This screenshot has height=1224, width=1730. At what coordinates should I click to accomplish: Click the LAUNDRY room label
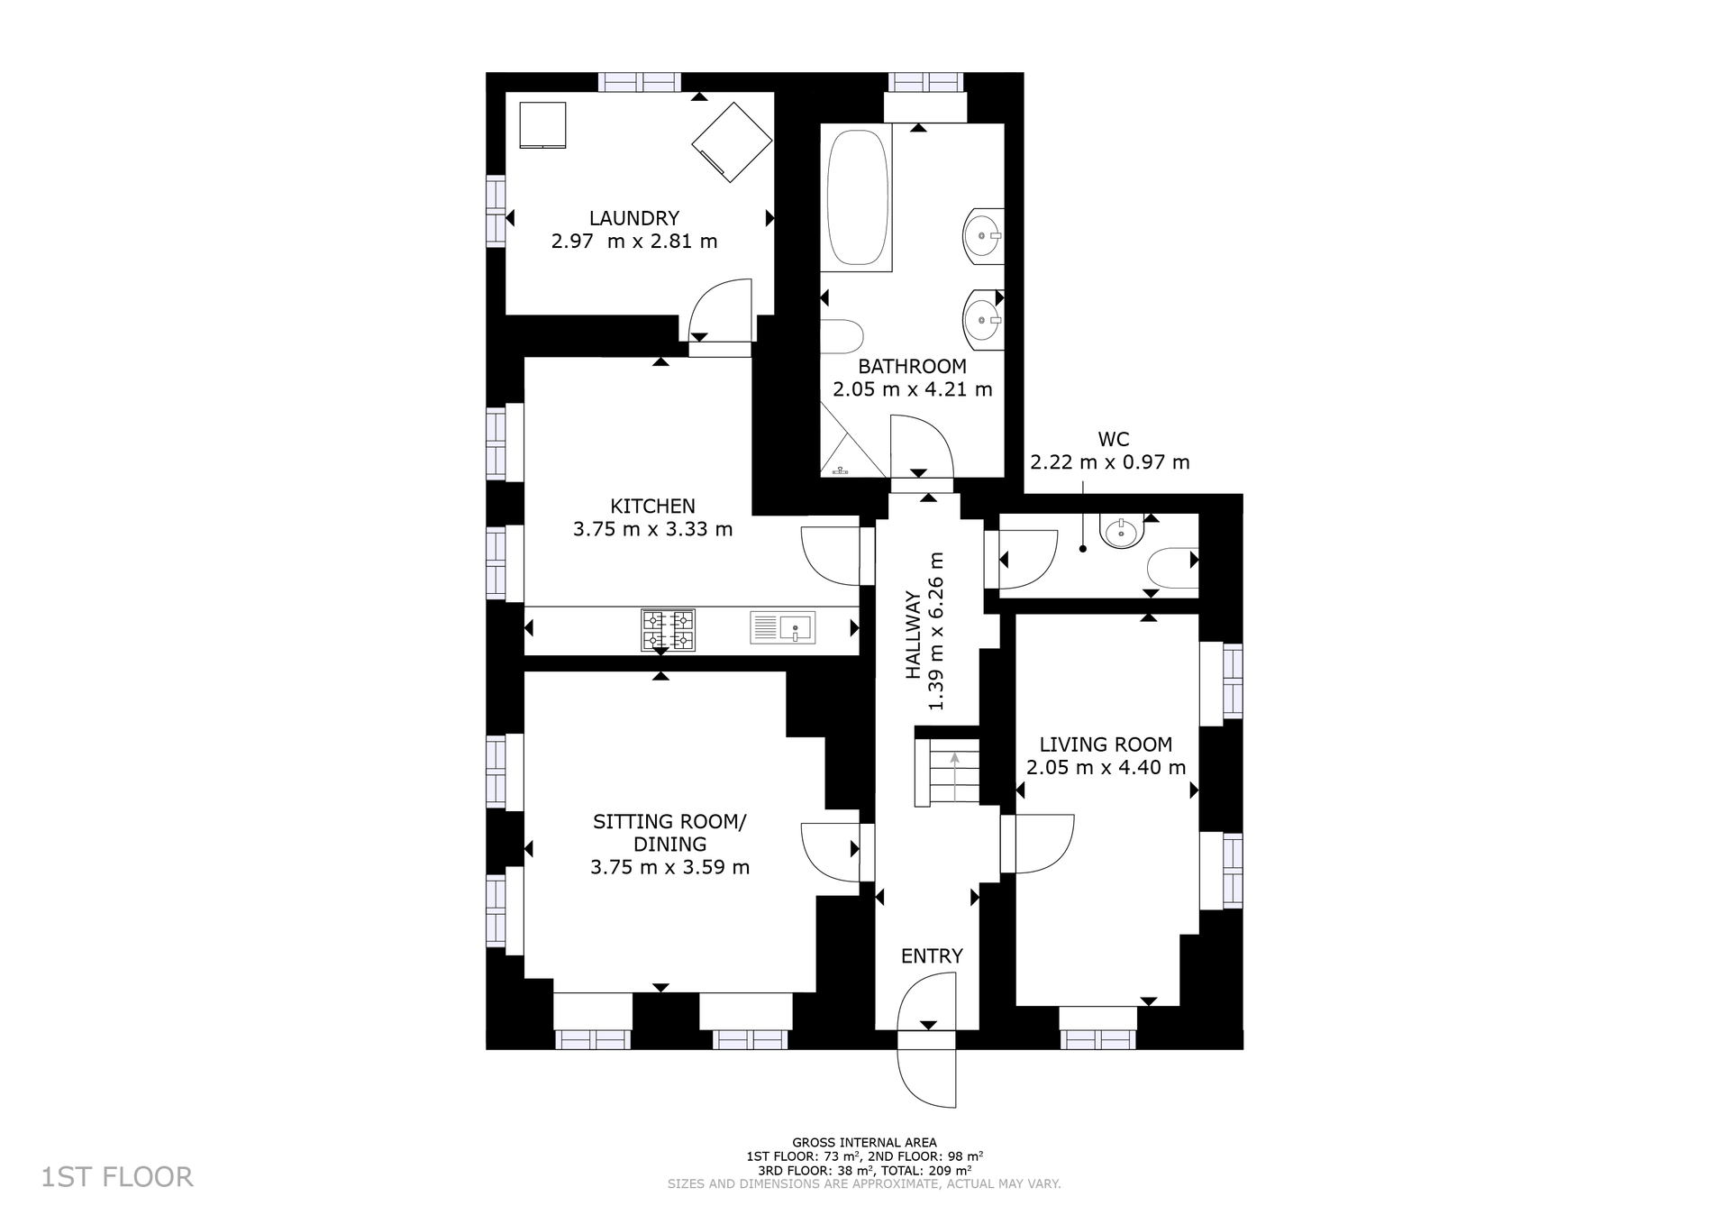point(633,218)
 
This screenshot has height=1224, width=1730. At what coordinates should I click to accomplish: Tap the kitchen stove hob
point(668,630)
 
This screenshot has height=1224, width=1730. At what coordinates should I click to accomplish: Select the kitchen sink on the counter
point(782,627)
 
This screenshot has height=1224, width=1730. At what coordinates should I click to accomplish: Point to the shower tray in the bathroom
point(851,441)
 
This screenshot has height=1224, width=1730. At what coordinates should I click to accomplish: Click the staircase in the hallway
point(947,772)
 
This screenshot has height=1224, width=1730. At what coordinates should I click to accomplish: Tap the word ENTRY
point(932,956)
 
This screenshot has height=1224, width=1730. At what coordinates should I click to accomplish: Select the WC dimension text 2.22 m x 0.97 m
point(1109,462)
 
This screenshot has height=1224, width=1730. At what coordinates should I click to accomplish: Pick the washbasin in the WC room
point(1122,531)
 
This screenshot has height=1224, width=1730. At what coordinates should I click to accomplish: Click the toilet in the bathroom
point(842,336)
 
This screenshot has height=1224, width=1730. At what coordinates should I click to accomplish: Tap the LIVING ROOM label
point(1106,744)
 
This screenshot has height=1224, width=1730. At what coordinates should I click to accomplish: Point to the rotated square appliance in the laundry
point(732,142)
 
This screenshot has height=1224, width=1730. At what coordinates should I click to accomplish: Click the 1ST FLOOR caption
point(117,1177)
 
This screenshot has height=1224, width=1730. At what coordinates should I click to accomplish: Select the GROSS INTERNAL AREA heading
point(864,1143)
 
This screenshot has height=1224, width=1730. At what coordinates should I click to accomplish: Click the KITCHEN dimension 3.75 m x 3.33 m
point(652,529)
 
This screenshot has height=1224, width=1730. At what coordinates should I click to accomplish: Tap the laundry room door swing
point(720,311)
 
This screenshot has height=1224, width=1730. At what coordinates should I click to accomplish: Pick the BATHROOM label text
point(912,367)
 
